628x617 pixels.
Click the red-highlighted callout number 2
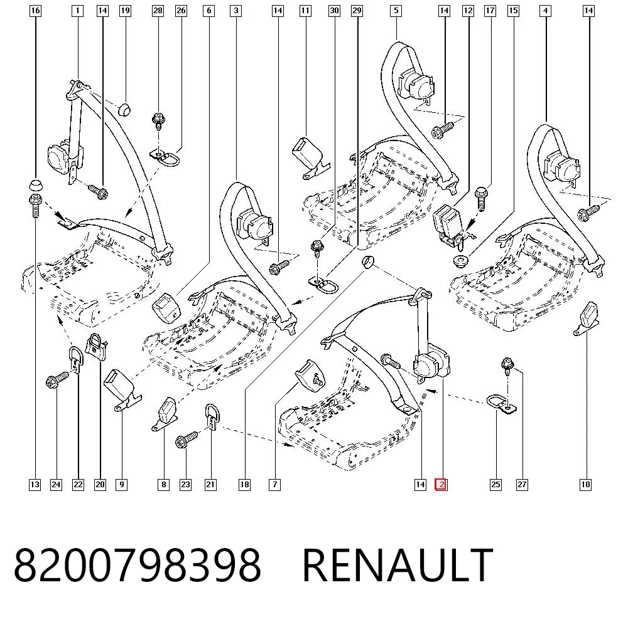(x=441, y=485)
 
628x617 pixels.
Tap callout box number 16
(x=35, y=11)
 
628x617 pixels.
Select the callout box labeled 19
(x=126, y=11)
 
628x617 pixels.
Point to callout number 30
(x=334, y=11)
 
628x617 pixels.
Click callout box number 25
(x=495, y=485)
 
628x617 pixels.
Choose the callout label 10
(x=585, y=485)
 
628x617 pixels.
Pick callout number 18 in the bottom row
(x=244, y=485)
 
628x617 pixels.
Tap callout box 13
(x=35, y=485)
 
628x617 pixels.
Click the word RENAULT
(x=398, y=565)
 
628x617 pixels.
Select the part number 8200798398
(x=138, y=565)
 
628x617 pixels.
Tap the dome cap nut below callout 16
(x=36, y=186)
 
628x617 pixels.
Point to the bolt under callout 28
(x=158, y=122)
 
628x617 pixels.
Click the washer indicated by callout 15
(x=462, y=261)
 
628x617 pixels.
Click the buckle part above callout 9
(x=122, y=389)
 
